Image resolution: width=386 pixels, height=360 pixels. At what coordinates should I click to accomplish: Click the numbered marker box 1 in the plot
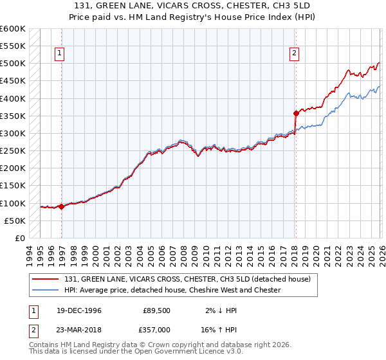pos(59,54)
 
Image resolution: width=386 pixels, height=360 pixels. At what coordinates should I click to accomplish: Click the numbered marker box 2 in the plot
pos(294,54)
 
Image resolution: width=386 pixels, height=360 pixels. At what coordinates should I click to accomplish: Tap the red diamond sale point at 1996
pos(61,206)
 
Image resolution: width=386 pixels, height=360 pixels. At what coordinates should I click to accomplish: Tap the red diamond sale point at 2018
pos(296,114)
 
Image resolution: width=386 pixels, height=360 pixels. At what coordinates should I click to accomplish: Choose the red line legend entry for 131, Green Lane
pos(187,279)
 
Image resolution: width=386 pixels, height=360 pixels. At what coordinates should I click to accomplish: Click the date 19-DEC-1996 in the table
pos(73,310)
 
